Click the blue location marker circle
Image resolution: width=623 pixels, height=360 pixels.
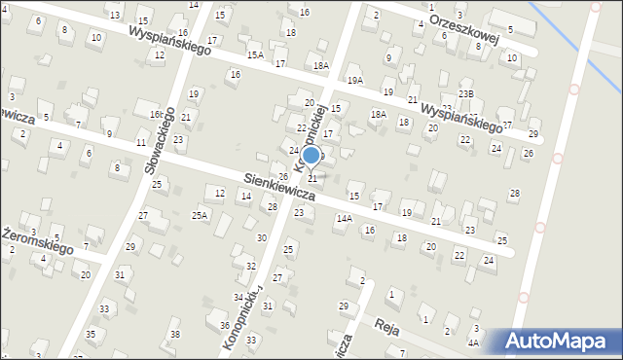pyautogui.click(x=311, y=155)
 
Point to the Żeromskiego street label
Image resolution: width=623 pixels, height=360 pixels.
pyautogui.click(x=39, y=241)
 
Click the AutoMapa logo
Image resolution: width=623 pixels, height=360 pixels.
pyautogui.click(x=557, y=342)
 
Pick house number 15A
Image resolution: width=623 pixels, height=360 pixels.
pyautogui.click(x=255, y=55)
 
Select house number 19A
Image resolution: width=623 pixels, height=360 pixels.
pyautogui.click(x=355, y=81)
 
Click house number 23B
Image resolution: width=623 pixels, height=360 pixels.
pyautogui.click(x=466, y=93)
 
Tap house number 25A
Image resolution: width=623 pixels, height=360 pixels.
pyautogui.click(x=200, y=215)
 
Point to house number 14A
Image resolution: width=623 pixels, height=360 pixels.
pyautogui.click(x=344, y=219)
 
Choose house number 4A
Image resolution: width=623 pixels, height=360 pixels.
pyautogui.click(x=473, y=342)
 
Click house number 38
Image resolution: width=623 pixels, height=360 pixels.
pyautogui.click(x=174, y=335)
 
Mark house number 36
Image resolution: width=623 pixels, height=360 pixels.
pyautogui.click(x=225, y=325)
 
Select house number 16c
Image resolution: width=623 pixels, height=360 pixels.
pyautogui.click(x=156, y=114)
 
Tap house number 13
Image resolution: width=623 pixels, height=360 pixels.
pyautogui.click(x=115, y=15)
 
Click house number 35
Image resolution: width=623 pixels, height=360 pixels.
pyautogui.click(x=91, y=335)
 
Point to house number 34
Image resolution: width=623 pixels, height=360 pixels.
pyautogui.click(x=238, y=297)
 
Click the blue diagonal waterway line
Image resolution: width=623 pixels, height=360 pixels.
pyautogui.click(x=574, y=44)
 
